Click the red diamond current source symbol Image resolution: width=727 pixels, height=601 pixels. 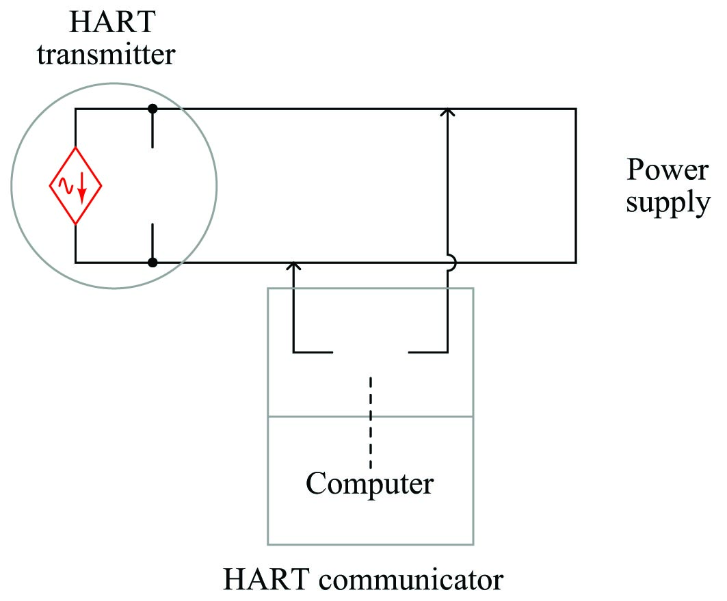pyautogui.click(x=75, y=185)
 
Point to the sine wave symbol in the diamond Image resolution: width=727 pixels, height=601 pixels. pyautogui.click(x=67, y=185)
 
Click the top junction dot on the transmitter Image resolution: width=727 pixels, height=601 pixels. pyautogui.click(x=153, y=109)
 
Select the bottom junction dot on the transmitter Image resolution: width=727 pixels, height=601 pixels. pyautogui.click(x=153, y=262)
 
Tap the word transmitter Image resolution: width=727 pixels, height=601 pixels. pyautogui.click(x=106, y=54)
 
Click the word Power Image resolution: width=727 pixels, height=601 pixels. pyautogui.click(x=667, y=169)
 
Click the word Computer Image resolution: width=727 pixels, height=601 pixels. pyautogui.click(x=369, y=483)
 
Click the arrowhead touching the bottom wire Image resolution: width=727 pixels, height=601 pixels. pyautogui.click(x=293, y=266)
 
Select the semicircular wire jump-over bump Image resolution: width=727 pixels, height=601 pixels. pyautogui.click(x=449, y=262)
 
